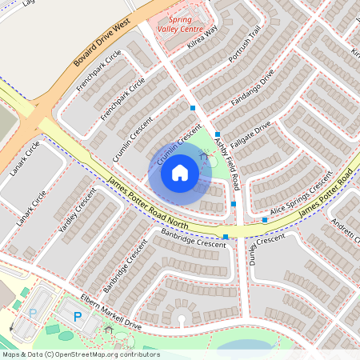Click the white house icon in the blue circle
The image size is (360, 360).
[x=180, y=173]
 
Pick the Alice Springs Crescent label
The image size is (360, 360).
[x=301, y=197]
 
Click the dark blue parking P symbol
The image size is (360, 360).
[x=78, y=317]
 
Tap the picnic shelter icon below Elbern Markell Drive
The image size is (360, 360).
[x=109, y=330]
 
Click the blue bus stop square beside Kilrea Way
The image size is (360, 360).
[x=193, y=107]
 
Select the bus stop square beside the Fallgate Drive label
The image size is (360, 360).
[x=217, y=134]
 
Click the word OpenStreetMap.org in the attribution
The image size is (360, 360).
[x=94, y=354]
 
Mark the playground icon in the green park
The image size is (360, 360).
[x=203, y=157]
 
